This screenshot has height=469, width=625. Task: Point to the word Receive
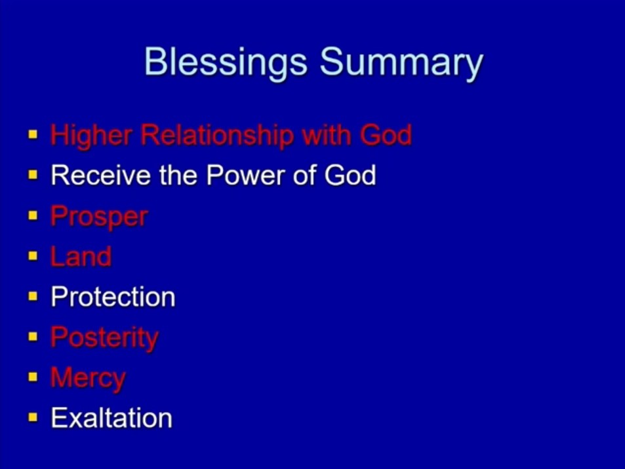click(x=101, y=175)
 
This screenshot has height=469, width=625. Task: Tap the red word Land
click(x=81, y=256)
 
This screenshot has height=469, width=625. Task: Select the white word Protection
click(x=113, y=297)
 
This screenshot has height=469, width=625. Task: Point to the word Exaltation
click(x=111, y=418)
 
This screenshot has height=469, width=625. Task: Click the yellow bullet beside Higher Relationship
click(x=33, y=134)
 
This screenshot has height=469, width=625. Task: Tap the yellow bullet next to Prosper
click(x=33, y=215)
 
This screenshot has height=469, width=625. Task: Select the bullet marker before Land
click(x=33, y=256)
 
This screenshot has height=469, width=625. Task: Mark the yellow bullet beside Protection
click(x=33, y=296)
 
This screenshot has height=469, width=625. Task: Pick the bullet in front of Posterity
click(x=33, y=337)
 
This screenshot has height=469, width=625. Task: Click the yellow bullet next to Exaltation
click(x=33, y=418)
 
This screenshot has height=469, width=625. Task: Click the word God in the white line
click(x=350, y=175)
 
